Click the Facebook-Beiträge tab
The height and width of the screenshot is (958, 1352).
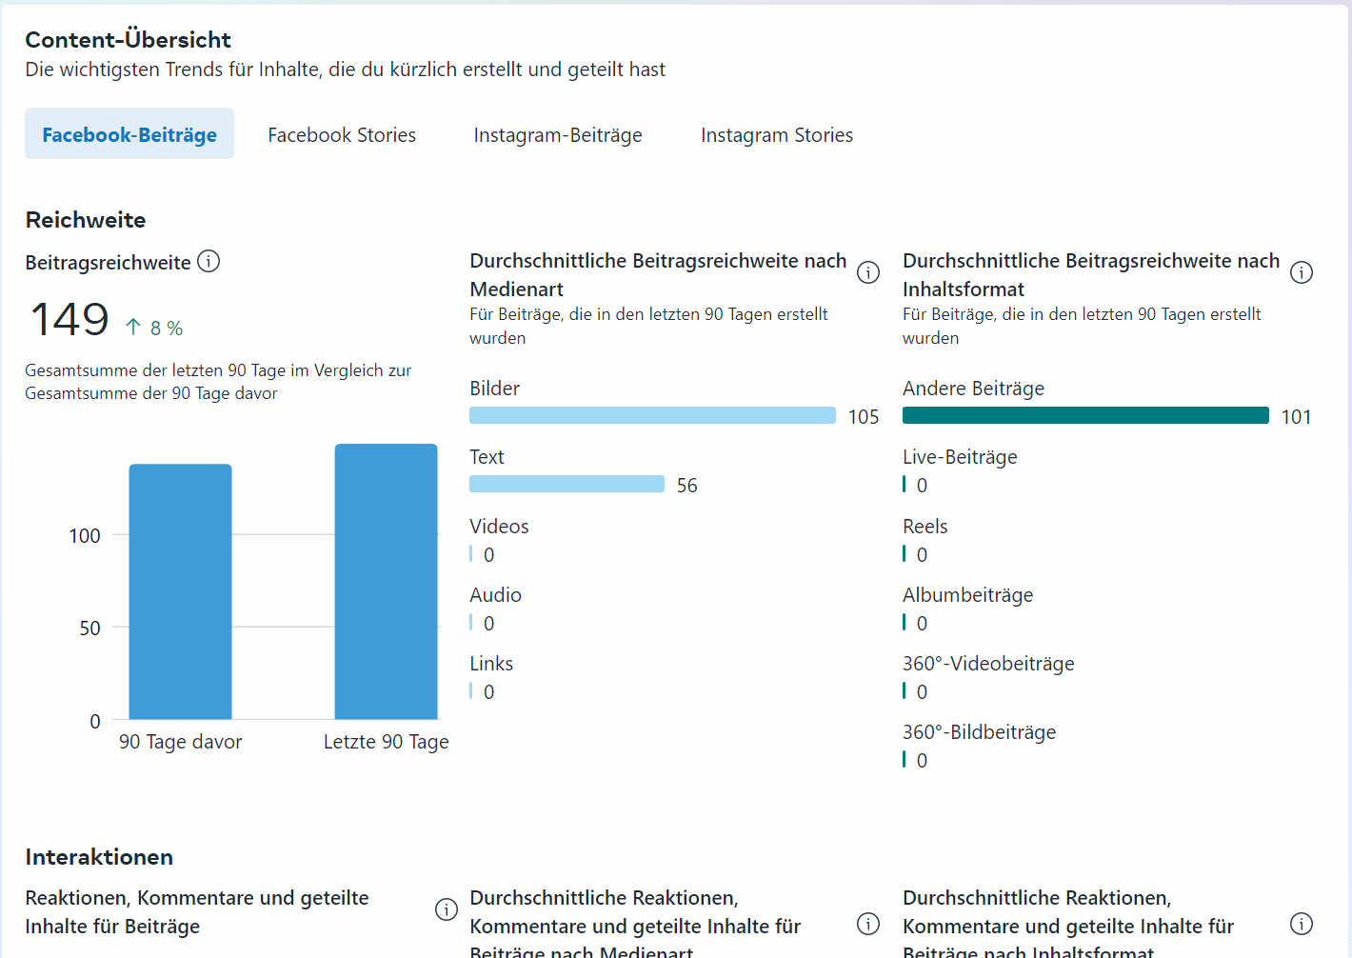[x=129, y=134]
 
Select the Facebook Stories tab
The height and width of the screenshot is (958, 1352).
[x=342, y=135]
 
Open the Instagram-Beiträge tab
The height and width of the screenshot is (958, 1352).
[x=558, y=135]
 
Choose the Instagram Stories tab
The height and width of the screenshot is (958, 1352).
[x=777, y=135]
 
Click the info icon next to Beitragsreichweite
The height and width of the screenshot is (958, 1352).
[x=209, y=261]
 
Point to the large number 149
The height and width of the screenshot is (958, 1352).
[x=70, y=320]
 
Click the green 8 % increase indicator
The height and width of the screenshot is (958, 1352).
[x=155, y=328]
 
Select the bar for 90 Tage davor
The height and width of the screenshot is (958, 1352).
[x=181, y=590]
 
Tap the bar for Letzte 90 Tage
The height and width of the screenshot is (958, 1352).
[x=386, y=581]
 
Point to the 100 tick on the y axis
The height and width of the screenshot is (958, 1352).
[x=85, y=536]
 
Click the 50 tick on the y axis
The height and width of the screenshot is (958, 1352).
[x=89, y=629]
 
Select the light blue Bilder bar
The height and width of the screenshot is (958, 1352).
[x=652, y=415]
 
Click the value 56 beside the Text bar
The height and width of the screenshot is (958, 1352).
[x=686, y=486]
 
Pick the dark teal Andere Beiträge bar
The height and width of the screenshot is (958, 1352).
[x=1085, y=415]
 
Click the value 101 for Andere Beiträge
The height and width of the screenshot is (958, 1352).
[x=1296, y=417]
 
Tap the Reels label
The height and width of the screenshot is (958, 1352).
[x=925, y=527]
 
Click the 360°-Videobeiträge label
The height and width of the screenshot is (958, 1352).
[x=988, y=664]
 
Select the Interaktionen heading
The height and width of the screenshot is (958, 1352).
[x=99, y=857]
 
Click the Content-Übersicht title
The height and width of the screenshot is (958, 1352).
[x=128, y=40]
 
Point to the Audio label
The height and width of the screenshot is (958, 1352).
[x=495, y=595]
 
